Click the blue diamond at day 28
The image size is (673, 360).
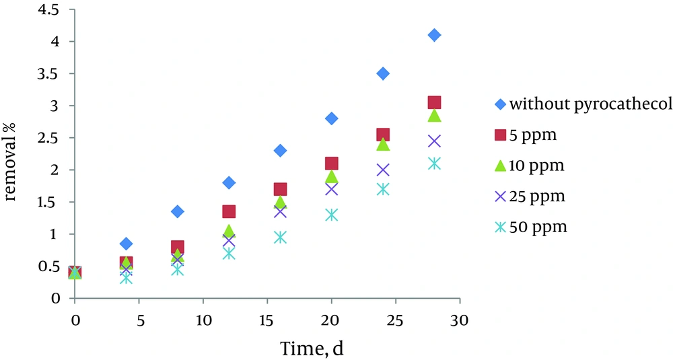pyautogui.click(x=434, y=35)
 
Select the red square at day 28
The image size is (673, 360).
pyautogui.click(x=434, y=102)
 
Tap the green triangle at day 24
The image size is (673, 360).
pyautogui.click(x=383, y=144)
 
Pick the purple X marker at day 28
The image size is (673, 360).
pyautogui.click(x=434, y=141)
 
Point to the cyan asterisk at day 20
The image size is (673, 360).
pyautogui.click(x=332, y=215)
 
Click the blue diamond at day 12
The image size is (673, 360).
pyautogui.click(x=229, y=182)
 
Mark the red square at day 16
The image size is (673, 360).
pyautogui.click(x=280, y=189)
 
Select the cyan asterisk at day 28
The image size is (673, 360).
pyautogui.click(x=434, y=164)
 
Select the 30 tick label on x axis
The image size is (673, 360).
pyautogui.click(x=460, y=316)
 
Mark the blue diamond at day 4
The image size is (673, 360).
pyautogui.click(x=126, y=244)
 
